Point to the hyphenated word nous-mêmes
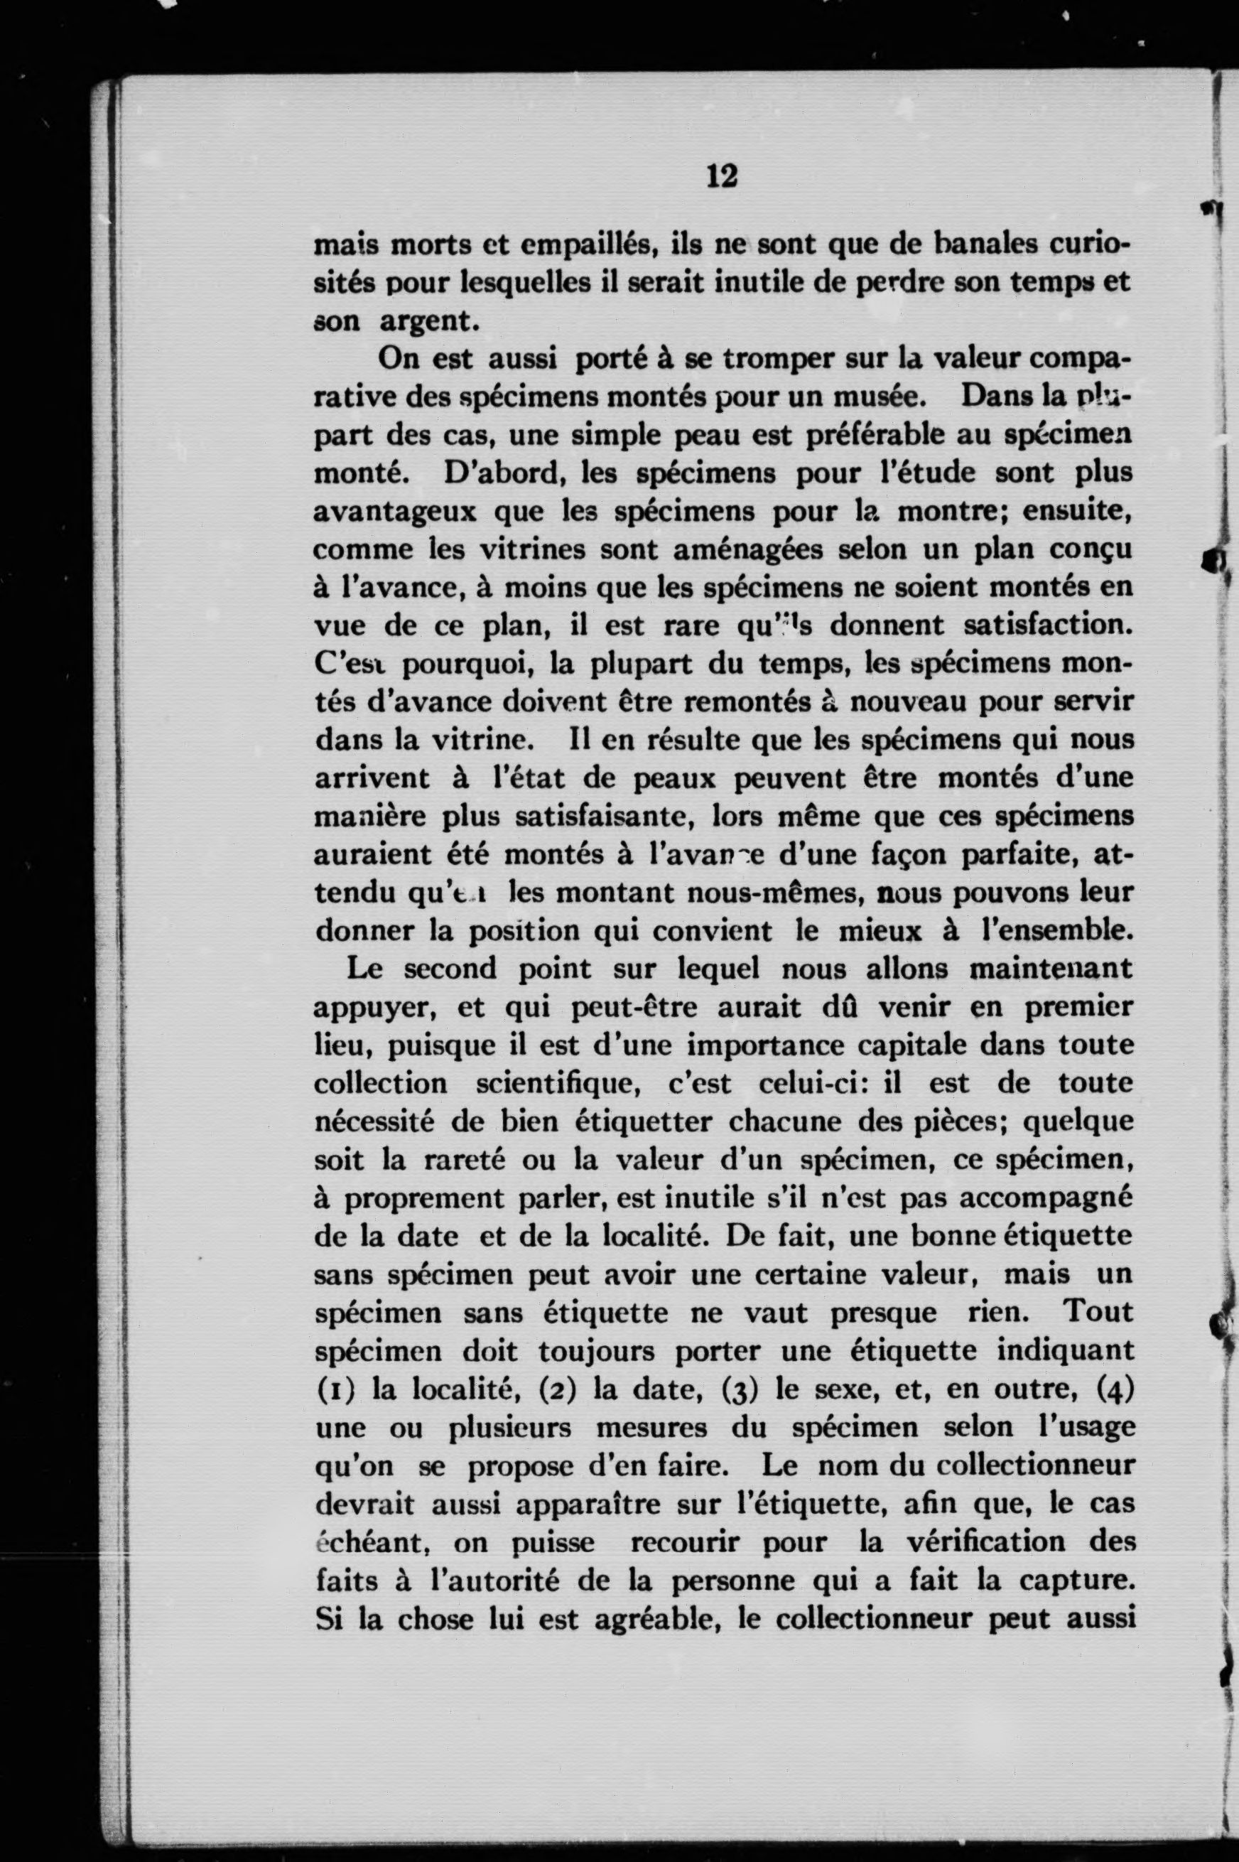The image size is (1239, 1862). pos(773,894)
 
